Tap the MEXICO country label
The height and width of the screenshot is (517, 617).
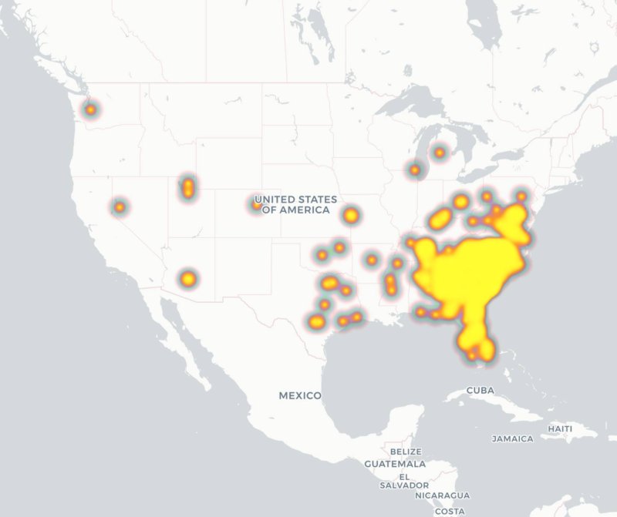click(x=300, y=395)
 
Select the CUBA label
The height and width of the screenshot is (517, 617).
click(x=480, y=391)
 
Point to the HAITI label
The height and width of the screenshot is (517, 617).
click(x=560, y=428)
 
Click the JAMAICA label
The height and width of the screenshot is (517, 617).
click(x=513, y=438)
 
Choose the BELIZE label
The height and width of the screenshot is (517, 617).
click(x=406, y=452)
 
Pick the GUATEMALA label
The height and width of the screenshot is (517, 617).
click(x=396, y=464)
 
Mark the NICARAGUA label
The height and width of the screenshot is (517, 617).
click(x=441, y=495)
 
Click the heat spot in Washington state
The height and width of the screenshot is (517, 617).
click(x=91, y=109)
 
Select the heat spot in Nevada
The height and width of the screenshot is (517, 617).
click(x=120, y=206)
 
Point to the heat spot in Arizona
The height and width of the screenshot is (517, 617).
click(x=188, y=278)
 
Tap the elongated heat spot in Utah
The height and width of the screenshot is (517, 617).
click(x=187, y=187)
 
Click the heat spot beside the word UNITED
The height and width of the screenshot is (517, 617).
click(x=257, y=204)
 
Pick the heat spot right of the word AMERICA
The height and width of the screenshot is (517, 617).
click(x=351, y=216)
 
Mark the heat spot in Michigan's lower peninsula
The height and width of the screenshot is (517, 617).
click(x=440, y=153)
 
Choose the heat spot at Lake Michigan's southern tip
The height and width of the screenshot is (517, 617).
click(x=415, y=170)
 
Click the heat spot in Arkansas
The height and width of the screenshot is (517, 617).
click(x=372, y=260)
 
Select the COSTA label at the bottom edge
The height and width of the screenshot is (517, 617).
click(x=450, y=511)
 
